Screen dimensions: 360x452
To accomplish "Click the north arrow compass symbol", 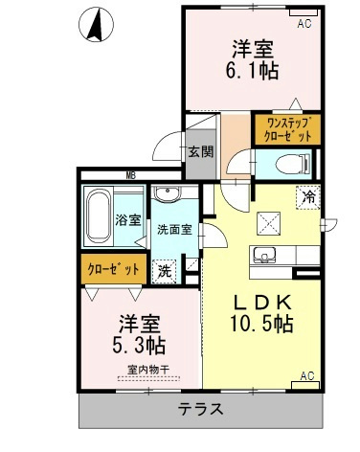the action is pyautogui.click(x=96, y=25).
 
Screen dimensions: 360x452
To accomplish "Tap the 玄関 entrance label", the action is pyautogui.click(x=200, y=152).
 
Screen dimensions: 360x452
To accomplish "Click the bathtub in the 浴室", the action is pyautogui.click(x=100, y=215).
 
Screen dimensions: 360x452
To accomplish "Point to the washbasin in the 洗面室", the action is pyautogui.click(x=168, y=193).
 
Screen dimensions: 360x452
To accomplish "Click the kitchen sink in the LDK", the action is pyautogui.click(x=264, y=255).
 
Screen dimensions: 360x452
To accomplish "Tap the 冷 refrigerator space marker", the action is pyautogui.click(x=308, y=197).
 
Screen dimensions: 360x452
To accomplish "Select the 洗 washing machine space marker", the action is pyautogui.click(x=165, y=271).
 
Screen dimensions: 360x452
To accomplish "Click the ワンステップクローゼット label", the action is pyautogui.click(x=287, y=129).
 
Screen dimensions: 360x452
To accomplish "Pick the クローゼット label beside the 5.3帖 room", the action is pyautogui.click(x=113, y=269).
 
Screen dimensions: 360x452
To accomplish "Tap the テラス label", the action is pyautogui.click(x=200, y=409).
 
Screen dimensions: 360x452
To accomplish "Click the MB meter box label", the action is pyautogui.click(x=130, y=175).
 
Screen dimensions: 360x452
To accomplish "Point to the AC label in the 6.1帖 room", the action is pyautogui.click(x=304, y=23).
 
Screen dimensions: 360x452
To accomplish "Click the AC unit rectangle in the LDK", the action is pyautogui.click(x=305, y=385).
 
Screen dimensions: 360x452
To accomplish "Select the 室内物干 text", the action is pyautogui.click(x=148, y=370).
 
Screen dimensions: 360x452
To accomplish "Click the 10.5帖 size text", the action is pyautogui.click(x=261, y=324).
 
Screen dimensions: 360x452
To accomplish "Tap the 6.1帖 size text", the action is pyautogui.click(x=252, y=70).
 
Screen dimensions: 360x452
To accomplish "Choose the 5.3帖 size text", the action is pyautogui.click(x=139, y=345).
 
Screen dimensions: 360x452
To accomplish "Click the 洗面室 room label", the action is pyautogui.click(x=174, y=230).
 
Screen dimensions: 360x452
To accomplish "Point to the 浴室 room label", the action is pyautogui.click(x=128, y=220).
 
